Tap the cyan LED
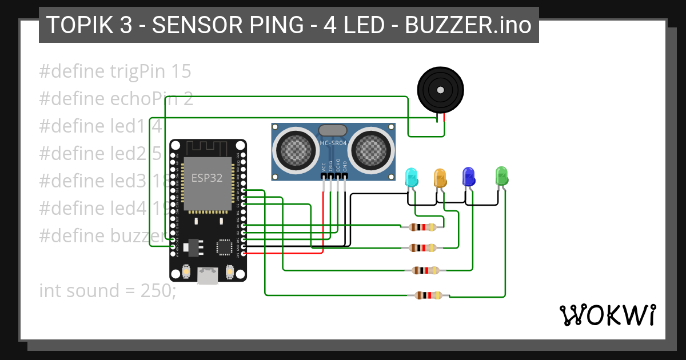click(411, 178)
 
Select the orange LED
click(440, 178)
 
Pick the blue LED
click(468, 177)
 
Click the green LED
click(501, 175)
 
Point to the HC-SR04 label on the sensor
click(333, 143)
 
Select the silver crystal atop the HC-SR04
click(333, 131)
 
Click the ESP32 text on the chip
click(207, 178)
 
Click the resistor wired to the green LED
click(429, 295)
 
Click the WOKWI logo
click(607, 315)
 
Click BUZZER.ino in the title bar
click(468, 25)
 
